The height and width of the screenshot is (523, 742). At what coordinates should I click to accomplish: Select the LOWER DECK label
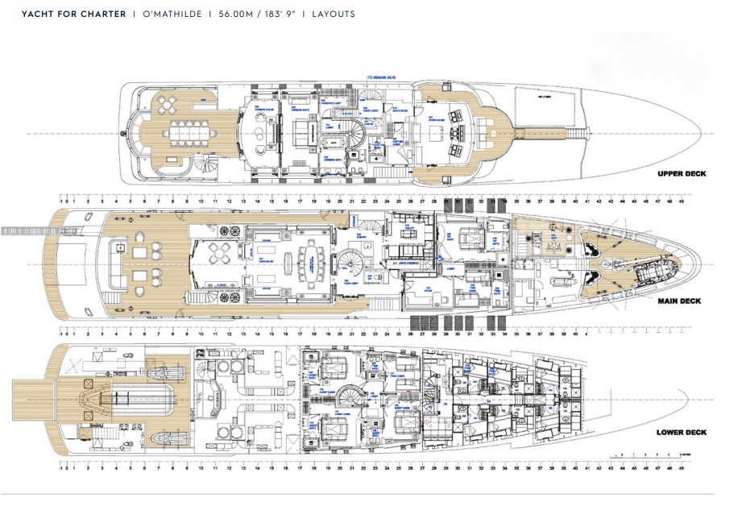point(681,433)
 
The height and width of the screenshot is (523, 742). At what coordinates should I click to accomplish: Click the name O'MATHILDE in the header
point(169,15)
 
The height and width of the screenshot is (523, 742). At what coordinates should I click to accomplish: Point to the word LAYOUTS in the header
point(333,15)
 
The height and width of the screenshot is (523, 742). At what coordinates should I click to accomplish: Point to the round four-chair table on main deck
point(221,254)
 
